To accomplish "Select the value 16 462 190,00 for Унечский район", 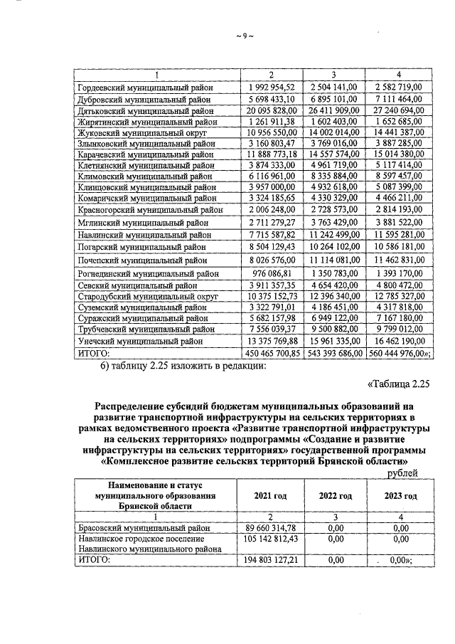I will click(396, 341).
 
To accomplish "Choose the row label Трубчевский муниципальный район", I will click(145, 329).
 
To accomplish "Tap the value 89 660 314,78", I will click(271, 528).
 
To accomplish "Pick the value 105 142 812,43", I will click(271, 539).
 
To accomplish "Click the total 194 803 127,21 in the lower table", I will click(271, 561).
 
